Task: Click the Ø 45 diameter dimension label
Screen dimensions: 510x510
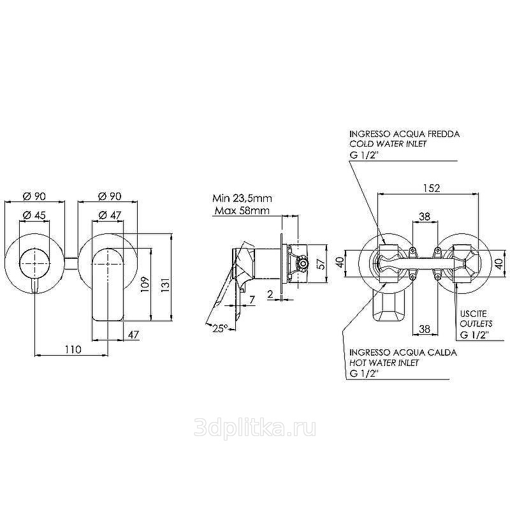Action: (x=34, y=215)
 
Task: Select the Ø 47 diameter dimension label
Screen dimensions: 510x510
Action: (x=110, y=215)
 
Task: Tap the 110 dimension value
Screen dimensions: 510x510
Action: (x=73, y=349)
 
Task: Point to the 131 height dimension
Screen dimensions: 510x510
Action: (x=166, y=284)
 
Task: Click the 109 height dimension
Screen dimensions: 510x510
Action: (x=145, y=284)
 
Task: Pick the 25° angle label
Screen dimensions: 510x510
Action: (x=220, y=328)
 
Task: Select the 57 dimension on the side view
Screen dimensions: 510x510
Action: (x=321, y=263)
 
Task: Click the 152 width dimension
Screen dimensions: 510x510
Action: (x=432, y=188)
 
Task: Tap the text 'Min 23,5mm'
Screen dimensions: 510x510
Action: (x=242, y=198)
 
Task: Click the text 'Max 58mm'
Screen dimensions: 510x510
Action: (x=242, y=211)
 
